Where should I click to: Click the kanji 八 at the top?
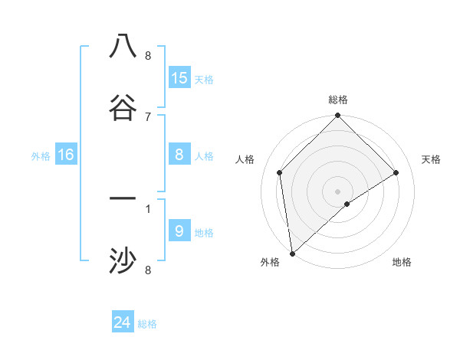[x=123, y=46]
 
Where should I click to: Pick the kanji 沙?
[x=123, y=261]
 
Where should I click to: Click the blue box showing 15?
[x=179, y=78]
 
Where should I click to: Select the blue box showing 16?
[x=66, y=155]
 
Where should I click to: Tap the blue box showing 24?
[x=123, y=322]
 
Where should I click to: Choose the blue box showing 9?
[x=179, y=231]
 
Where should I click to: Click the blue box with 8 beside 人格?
[x=179, y=155]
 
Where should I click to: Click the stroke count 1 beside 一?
[x=148, y=208]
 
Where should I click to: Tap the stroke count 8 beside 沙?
[x=148, y=270]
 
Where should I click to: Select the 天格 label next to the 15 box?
[x=204, y=80]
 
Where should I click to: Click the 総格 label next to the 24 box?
[x=147, y=324]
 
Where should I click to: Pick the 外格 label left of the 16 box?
[x=41, y=156]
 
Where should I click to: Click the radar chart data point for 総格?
[x=337, y=116]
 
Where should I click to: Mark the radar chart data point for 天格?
[x=396, y=172]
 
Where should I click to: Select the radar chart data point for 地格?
[x=347, y=204]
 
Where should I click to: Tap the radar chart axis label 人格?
[x=245, y=159]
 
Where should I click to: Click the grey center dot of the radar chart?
[x=337, y=191]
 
